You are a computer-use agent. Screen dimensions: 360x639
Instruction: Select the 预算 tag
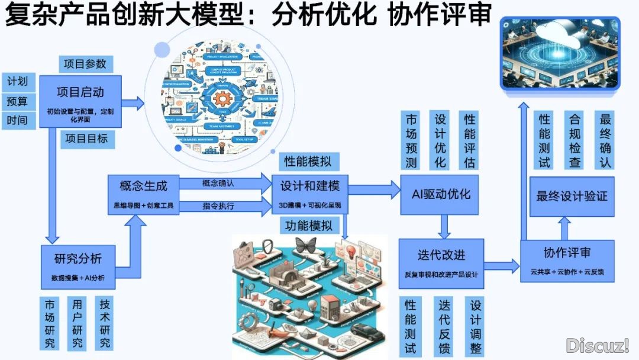(18, 101)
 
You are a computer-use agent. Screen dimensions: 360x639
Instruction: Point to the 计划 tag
(18, 81)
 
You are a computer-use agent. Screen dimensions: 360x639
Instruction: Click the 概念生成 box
(143, 194)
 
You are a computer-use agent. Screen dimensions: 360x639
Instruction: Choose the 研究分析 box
(78, 266)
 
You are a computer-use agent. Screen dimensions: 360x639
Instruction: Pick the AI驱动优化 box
(441, 195)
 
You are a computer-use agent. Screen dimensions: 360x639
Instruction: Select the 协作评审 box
(567, 261)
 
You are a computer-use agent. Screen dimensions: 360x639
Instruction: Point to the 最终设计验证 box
(572, 196)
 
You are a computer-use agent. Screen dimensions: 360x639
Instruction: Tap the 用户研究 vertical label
(78, 323)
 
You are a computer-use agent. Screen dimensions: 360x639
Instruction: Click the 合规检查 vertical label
(574, 140)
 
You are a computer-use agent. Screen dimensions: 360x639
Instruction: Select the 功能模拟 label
(309, 226)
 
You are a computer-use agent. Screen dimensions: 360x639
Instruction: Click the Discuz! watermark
(597, 345)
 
